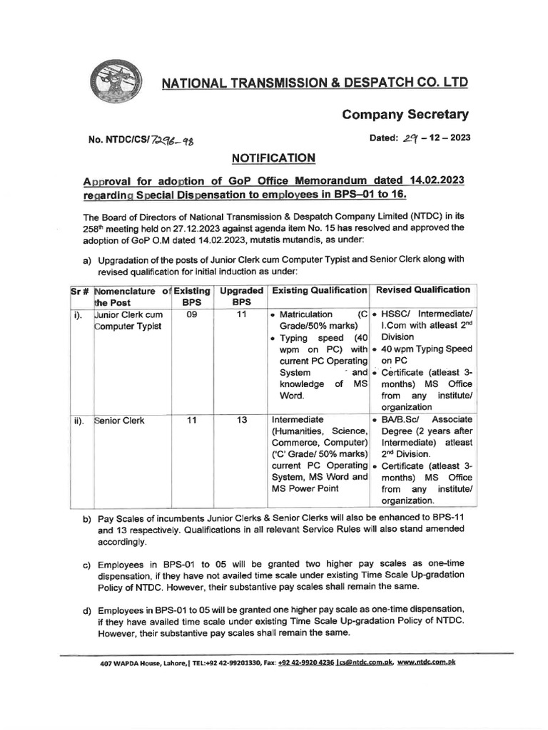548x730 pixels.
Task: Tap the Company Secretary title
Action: [405, 114]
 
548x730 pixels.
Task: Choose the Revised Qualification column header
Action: [423, 290]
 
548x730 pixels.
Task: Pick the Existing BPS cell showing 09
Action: [191, 314]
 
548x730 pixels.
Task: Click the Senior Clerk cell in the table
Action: [119, 421]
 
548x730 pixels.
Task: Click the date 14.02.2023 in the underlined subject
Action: [437, 181]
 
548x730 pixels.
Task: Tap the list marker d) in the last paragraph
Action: [87, 610]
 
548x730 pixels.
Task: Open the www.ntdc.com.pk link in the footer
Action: [426, 662]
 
